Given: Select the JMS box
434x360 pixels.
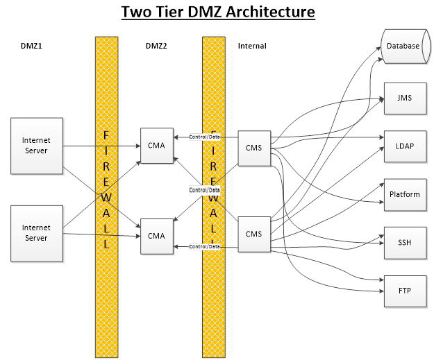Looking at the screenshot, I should pos(403,98).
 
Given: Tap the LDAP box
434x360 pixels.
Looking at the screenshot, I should pos(403,146).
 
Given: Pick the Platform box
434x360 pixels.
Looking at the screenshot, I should pos(403,194).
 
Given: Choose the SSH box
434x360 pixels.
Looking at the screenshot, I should pos(403,243).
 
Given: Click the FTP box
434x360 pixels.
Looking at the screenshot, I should pos(403,291).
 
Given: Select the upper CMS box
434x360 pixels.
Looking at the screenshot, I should pos(253,146).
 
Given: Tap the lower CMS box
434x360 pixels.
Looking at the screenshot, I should pos(253,234).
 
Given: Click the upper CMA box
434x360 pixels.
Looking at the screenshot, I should pos(156,146).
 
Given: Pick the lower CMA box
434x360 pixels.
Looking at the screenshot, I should pos(156,236).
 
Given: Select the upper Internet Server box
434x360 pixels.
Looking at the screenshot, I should pos(36,146).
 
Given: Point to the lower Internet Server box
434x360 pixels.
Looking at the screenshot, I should pos(36,232).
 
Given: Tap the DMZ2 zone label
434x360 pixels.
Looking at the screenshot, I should pos(156,46).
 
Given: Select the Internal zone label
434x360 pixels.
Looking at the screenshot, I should pos(252,46).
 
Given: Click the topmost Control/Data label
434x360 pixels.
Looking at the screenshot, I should pos(204,137).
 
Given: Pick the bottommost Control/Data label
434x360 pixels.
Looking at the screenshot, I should pos(204,246).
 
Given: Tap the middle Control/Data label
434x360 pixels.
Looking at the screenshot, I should pos(204,190).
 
